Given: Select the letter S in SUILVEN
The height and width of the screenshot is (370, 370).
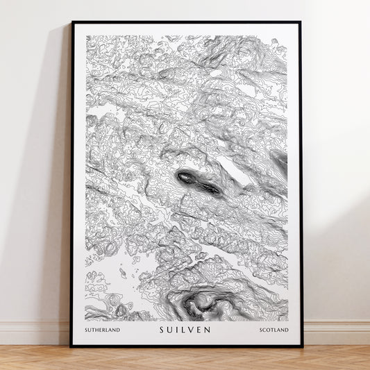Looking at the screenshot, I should [162, 330].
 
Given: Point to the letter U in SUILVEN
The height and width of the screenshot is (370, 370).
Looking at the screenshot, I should [170, 330].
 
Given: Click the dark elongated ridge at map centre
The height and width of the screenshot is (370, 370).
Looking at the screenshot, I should [198, 182].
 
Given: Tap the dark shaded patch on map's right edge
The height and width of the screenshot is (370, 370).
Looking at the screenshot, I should [280, 161].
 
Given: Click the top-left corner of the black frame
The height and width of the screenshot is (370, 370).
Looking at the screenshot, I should [71, 22].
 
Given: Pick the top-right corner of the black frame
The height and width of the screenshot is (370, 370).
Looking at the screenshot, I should [301, 22].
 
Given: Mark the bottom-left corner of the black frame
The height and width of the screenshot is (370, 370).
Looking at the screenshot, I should [71, 346].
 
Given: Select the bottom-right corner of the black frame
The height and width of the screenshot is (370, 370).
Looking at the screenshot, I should [301, 346].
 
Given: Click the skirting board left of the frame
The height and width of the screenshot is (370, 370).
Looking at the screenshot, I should [35, 333].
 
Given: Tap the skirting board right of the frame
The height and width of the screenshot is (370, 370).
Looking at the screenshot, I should [336, 333].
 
